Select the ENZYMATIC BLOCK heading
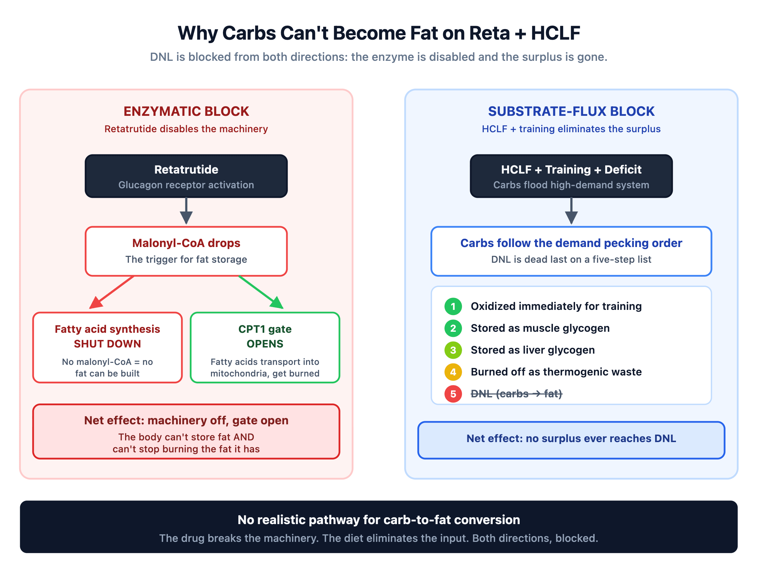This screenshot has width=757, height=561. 186,111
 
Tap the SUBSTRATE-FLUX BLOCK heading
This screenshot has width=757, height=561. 571,111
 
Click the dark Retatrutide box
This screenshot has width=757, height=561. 186,176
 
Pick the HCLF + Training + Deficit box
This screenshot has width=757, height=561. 571,176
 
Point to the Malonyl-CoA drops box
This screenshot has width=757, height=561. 186,251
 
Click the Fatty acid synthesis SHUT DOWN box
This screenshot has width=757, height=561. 107,347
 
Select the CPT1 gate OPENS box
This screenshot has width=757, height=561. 265,347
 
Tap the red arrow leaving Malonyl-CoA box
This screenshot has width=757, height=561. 111,292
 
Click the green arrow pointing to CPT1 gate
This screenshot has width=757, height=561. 261,292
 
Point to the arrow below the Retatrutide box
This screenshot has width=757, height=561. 186,211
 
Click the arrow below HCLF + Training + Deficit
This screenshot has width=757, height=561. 571,211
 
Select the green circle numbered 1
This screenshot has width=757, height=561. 453,306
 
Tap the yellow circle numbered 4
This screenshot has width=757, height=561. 453,372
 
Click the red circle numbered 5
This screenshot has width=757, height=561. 453,394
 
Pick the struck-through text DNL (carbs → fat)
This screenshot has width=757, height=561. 517,394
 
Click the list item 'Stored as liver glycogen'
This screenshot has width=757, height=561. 533,350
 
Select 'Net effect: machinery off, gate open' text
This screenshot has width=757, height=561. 186,420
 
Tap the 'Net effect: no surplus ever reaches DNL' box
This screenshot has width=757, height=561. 571,440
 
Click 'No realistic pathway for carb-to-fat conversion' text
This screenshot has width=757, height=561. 379,520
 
